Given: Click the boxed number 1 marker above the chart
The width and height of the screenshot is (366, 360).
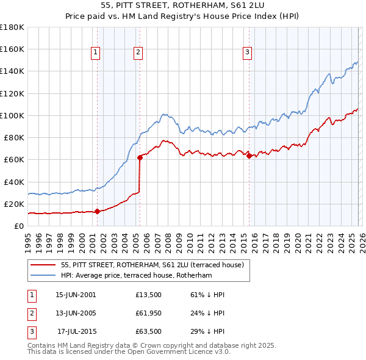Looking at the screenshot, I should (x=96, y=53).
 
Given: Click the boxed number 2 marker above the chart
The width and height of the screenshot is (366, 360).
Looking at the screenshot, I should (x=138, y=53).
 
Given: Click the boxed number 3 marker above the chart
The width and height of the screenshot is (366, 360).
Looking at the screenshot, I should (x=247, y=53).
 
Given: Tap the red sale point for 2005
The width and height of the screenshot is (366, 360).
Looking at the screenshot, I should (x=140, y=157).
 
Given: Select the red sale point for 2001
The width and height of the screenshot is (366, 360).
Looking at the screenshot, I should (x=97, y=211).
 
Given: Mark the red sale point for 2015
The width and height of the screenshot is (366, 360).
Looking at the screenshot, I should (x=249, y=156).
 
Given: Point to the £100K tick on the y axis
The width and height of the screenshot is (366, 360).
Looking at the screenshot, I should (x=12, y=115).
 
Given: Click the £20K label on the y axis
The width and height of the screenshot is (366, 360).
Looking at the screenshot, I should (x=13, y=204).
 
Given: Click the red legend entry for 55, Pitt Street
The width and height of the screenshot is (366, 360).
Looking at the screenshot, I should (x=152, y=265).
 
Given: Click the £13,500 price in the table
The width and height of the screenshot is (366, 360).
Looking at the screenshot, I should (x=149, y=295).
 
